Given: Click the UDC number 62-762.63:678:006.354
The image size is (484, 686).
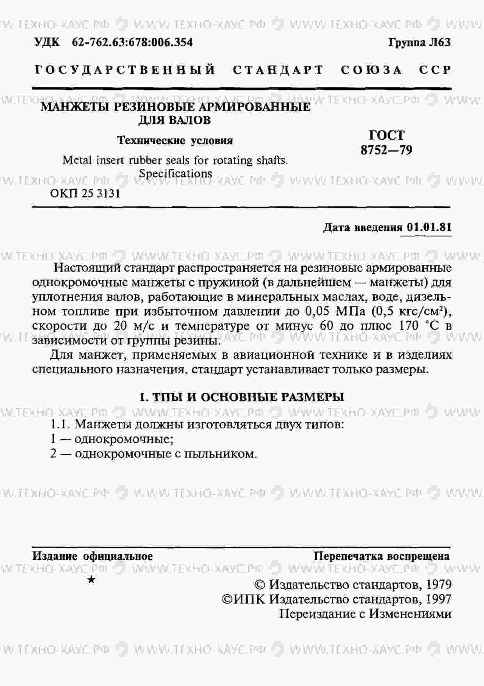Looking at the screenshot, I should click(x=132, y=42).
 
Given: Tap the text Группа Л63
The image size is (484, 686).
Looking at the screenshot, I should click(x=419, y=42).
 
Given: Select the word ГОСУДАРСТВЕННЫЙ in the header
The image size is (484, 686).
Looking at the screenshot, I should click(x=125, y=70).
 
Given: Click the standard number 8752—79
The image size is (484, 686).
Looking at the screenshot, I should click(x=386, y=150).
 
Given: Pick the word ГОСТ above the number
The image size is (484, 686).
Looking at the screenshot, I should click(x=386, y=135).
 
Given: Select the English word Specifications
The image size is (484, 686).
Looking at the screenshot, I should click(x=175, y=173).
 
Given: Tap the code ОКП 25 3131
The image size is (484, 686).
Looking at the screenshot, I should click(x=85, y=193).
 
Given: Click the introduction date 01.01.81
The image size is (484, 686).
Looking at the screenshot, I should click(x=429, y=227).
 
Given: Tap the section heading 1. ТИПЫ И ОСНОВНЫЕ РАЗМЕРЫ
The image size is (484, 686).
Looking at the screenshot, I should click(x=242, y=397).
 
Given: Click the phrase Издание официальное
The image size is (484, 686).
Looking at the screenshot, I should click(x=93, y=556).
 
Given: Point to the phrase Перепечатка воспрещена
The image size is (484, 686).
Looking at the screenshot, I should click(x=381, y=556).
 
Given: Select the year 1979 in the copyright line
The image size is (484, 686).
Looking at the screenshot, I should click(x=439, y=585).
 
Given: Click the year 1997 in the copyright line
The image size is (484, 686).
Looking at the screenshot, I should click(x=439, y=599).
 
